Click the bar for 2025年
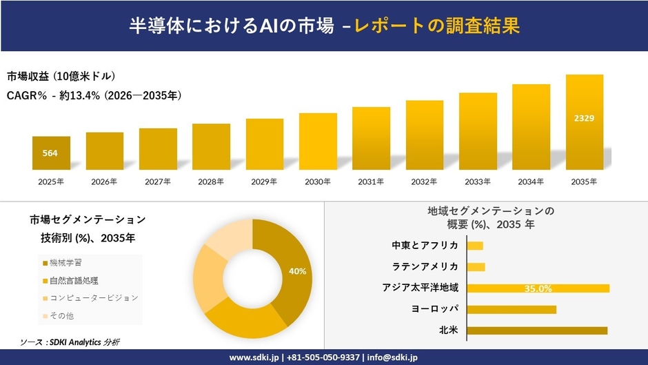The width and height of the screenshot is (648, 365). (51, 153)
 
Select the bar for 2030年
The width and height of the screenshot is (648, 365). (318, 141)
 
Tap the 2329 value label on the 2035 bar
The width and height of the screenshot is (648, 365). (584, 119)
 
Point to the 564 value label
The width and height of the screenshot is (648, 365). (50, 153)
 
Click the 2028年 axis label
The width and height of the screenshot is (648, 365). (211, 182)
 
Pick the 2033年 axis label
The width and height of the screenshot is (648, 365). (478, 182)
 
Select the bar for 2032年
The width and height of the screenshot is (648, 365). (425, 135)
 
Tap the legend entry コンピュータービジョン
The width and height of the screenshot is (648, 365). (90, 298)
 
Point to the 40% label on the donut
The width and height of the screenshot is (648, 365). (297, 271)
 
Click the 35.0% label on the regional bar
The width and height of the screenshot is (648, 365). (538, 288)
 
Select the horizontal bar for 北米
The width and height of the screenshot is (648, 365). (537, 331)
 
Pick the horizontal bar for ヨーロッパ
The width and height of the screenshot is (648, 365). (512, 309)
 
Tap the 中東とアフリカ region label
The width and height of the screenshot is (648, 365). (425, 246)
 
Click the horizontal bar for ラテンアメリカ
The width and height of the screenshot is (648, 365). (476, 267)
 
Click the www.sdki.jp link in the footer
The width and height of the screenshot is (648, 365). (253, 357)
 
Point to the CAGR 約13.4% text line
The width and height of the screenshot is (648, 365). (94, 96)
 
